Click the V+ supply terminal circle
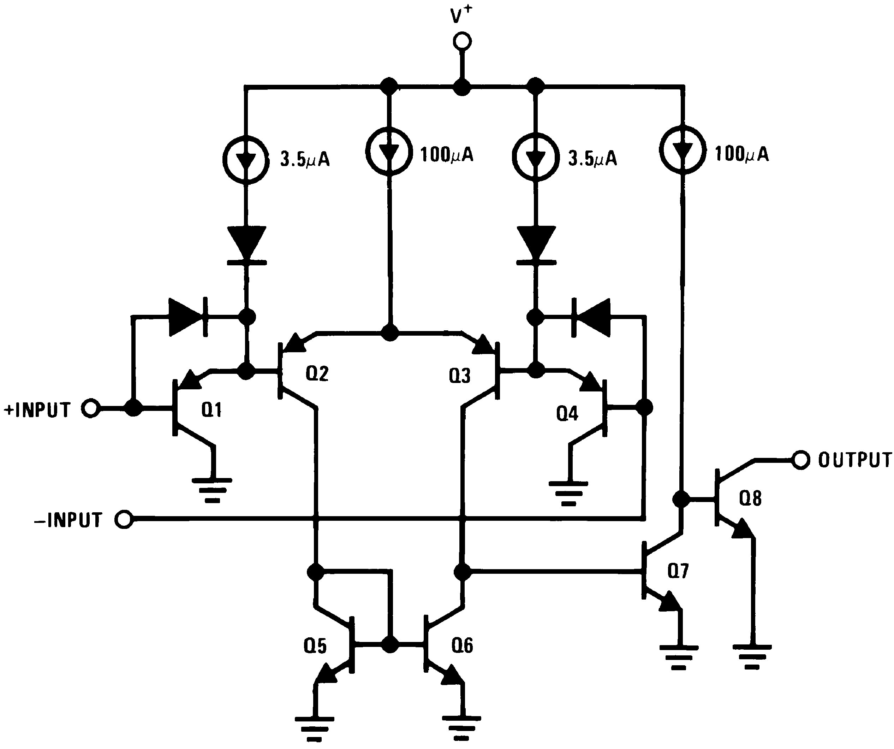pyautogui.click(x=462, y=42)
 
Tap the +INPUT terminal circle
pyautogui.click(x=91, y=408)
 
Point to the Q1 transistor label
pyautogui.click(x=211, y=410)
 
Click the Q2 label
pyautogui.click(x=317, y=374)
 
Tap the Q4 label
pyautogui.click(x=567, y=414)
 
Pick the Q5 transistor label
pyautogui.click(x=315, y=646)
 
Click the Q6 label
pyautogui.click(x=462, y=645)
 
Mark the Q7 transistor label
pyautogui.click(x=678, y=571)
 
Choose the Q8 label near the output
pyautogui.click(x=750, y=498)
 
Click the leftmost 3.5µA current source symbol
pyautogui.click(x=246, y=160)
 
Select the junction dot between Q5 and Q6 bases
pyautogui.click(x=389, y=645)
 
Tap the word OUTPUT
pyautogui.click(x=853, y=460)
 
